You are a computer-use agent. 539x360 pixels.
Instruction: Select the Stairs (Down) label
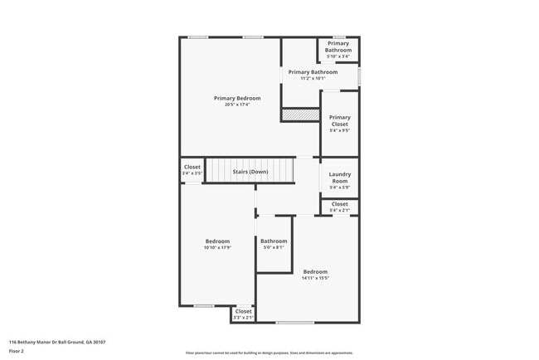click(x=250, y=172)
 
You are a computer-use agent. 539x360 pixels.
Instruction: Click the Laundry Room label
click(x=339, y=177)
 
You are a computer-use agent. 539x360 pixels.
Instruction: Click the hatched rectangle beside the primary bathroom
click(x=299, y=116)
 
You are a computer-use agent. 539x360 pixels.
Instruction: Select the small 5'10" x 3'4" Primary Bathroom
click(x=338, y=49)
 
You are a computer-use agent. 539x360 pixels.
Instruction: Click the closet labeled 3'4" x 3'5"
click(x=192, y=170)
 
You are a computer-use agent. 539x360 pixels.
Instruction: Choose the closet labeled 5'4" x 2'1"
click(x=339, y=207)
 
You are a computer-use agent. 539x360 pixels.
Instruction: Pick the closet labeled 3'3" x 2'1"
click(x=243, y=314)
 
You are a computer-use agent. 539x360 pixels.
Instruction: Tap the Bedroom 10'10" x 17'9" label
click(x=217, y=244)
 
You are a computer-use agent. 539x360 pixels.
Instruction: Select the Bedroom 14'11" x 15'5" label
click(x=315, y=275)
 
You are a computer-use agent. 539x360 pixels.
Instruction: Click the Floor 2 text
click(x=17, y=349)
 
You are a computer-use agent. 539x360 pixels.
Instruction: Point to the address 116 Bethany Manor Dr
click(x=56, y=341)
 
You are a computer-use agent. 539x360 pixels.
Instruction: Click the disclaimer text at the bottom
click(x=269, y=353)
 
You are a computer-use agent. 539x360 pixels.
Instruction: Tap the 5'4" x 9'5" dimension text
click(x=339, y=130)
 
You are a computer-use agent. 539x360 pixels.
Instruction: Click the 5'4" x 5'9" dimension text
click(x=339, y=187)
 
